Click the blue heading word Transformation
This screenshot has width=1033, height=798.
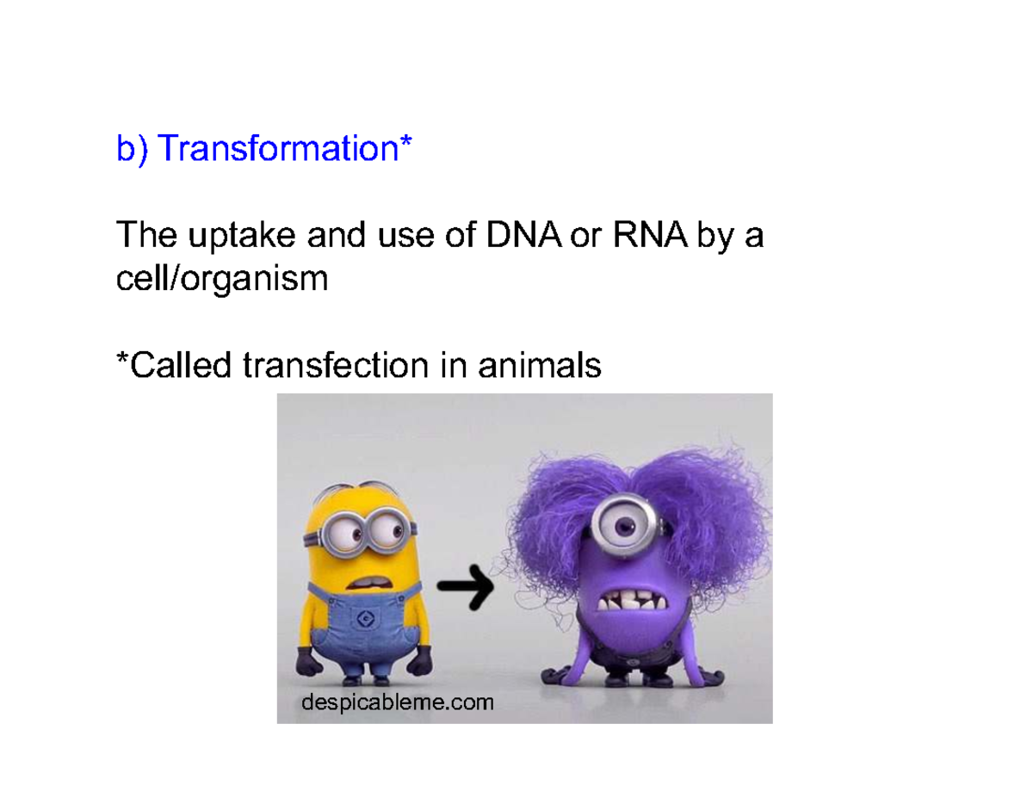[280, 149]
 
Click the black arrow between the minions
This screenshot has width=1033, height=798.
[466, 589]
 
